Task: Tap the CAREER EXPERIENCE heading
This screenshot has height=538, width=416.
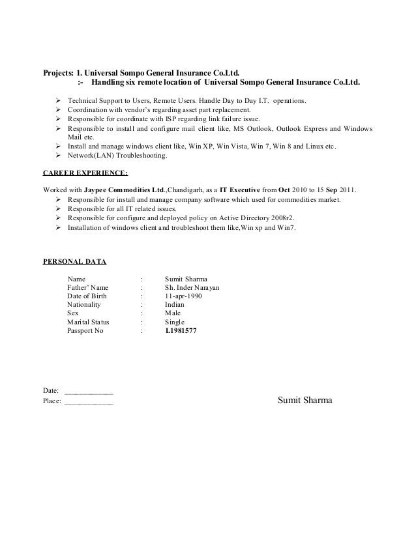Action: point(85,174)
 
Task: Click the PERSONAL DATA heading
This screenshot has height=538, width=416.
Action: point(75,262)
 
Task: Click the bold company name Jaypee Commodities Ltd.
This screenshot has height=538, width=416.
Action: point(124,189)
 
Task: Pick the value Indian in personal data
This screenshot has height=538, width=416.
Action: point(175,304)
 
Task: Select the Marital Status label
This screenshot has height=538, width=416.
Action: point(88,322)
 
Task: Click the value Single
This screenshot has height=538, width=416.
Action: point(175,322)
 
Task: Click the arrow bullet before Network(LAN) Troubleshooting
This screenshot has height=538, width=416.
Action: point(59,156)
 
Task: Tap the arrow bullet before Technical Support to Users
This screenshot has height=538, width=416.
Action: point(59,102)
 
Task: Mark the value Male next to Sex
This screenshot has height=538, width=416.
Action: point(173,313)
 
